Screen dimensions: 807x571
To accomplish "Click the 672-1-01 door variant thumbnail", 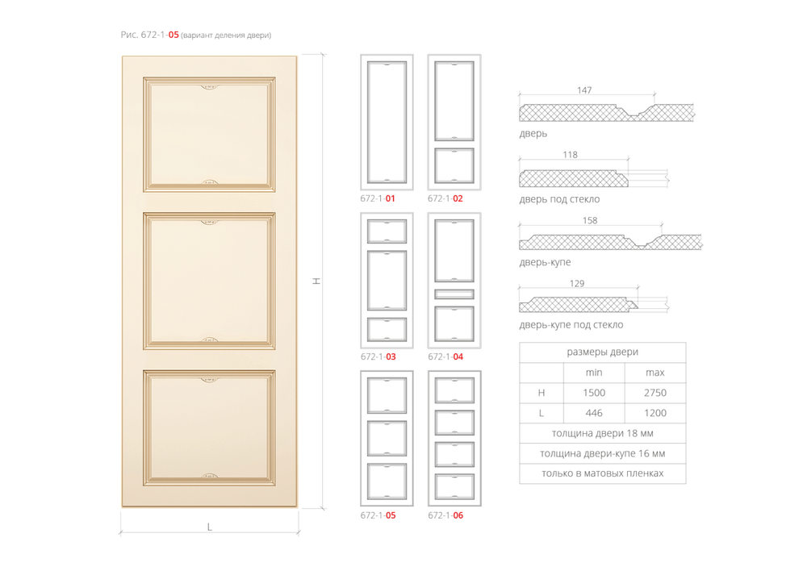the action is coord(387,123).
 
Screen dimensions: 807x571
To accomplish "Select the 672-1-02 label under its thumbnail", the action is coord(445,198).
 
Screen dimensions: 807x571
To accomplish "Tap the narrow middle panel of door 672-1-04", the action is coord(454,294).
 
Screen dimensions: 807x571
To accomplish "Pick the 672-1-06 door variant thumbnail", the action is coord(454,438).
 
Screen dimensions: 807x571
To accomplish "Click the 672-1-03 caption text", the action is coord(378,356).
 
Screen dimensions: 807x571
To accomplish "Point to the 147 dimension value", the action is coord(584,90).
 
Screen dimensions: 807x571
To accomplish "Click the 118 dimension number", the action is coord(570,154).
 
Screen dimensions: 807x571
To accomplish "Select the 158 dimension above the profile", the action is coord(590,220).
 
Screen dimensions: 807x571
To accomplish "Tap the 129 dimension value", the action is coord(577,283).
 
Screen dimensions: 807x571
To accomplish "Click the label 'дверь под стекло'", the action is coord(559,199).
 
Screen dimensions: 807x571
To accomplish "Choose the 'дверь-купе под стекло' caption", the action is coord(571,324).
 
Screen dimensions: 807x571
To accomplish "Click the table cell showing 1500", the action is coord(594,393).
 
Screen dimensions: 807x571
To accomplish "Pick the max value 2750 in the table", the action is coord(655,393).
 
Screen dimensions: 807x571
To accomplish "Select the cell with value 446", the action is coord(594,413).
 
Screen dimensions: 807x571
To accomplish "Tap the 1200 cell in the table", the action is coord(655,413).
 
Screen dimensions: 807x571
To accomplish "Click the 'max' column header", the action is coord(655,373).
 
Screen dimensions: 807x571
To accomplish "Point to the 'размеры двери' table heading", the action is coord(603,352).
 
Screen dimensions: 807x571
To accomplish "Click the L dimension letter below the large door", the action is coord(210,527).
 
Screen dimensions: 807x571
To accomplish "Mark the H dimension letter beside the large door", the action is coord(316,281).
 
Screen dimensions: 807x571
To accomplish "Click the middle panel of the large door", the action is coord(209,281).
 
